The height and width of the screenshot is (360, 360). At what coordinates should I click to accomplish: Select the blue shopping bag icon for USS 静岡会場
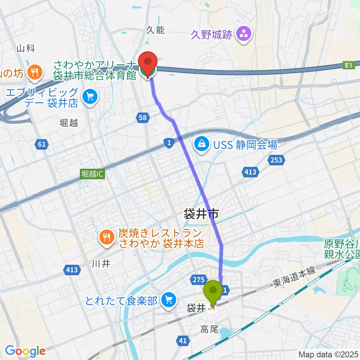(202, 144)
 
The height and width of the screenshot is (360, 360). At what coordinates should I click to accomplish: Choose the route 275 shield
(199, 279)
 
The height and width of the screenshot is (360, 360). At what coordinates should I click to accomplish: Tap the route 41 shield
(182, 340)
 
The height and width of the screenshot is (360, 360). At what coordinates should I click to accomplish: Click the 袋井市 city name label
(201, 214)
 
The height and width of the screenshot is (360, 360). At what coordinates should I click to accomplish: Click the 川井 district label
(101, 264)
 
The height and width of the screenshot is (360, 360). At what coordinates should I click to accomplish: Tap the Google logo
(25, 351)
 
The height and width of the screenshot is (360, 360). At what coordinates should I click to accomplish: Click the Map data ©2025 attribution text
(328, 354)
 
